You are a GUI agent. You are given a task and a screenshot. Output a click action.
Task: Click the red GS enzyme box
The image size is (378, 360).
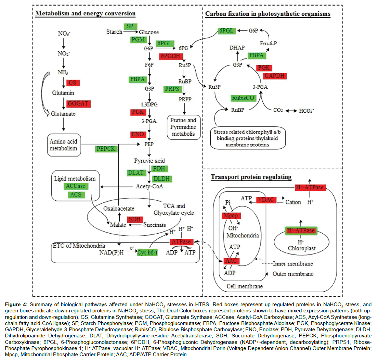(x=72, y=83)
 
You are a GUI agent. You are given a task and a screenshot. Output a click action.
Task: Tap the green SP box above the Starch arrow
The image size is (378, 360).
(x=130, y=26)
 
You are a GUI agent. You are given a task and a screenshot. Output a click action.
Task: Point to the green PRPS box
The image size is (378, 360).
(x=173, y=89)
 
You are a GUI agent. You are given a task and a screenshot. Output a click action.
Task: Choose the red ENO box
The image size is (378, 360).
(x=138, y=134)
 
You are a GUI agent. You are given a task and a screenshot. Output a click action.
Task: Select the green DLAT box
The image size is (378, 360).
(x=136, y=173)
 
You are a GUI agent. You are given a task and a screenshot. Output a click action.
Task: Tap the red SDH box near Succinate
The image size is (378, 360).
(x=134, y=219)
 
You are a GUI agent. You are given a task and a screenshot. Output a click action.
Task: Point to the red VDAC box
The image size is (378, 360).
(x=266, y=200)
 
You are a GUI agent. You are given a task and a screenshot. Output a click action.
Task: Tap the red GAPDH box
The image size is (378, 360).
(x=275, y=76)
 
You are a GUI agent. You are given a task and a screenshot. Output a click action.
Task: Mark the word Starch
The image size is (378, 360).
(x=114, y=32)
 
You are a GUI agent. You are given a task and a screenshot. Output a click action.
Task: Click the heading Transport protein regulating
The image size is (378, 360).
(x=251, y=177)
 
